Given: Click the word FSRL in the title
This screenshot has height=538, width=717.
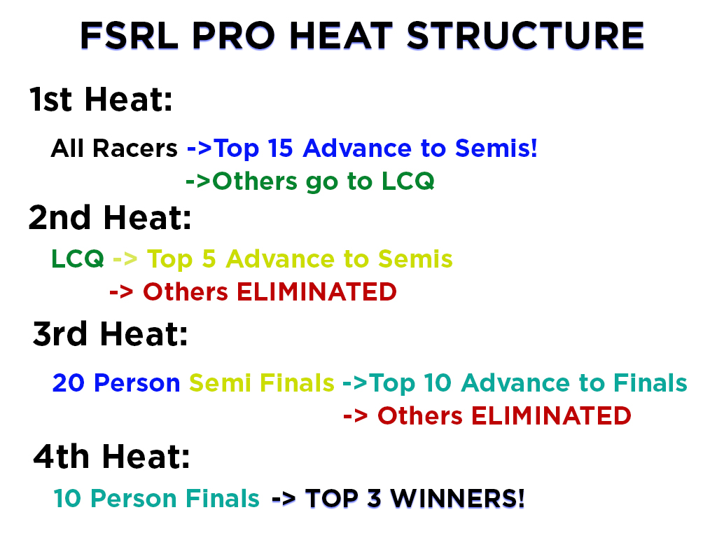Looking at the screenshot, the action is (x=130, y=36).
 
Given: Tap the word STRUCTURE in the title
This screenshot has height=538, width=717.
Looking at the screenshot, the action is (x=525, y=36).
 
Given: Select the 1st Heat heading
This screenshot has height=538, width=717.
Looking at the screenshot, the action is (x=101, y=99).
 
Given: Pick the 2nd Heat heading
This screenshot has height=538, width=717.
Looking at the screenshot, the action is (x=110, y=217).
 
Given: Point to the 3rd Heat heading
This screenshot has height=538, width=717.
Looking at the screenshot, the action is (x=110, y=333).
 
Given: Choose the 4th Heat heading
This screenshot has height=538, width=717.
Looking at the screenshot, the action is (x=111, y=456).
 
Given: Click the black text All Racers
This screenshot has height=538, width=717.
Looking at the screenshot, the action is (x=114, y=149).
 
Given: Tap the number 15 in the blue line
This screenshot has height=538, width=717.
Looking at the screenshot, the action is (x=280, y=149).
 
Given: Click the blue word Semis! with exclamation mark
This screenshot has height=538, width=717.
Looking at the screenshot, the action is (x=496, y=149).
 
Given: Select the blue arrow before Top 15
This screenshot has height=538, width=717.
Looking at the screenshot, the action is (x=200, y=149).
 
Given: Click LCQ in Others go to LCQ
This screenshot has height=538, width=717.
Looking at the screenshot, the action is (x=408, y=181).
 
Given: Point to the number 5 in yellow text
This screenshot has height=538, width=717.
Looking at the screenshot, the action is (x=209, y=259).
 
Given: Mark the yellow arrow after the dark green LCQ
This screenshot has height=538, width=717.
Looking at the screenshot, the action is (x=125, y=259).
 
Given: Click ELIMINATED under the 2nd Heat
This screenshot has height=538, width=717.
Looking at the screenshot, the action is (x=316, y=292).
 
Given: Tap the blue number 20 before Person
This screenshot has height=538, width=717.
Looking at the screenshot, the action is (x=69, y=383).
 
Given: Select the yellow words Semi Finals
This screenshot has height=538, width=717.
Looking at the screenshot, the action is (x=262, y=383).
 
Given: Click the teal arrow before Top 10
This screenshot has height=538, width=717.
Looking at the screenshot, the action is (x=355, y=383).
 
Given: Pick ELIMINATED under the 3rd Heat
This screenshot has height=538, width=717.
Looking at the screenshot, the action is (x=551, y=416).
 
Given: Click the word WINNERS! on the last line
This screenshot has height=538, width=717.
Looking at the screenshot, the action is (x=457, y=498).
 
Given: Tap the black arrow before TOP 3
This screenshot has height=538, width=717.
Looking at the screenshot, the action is (x=284, y=499).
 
